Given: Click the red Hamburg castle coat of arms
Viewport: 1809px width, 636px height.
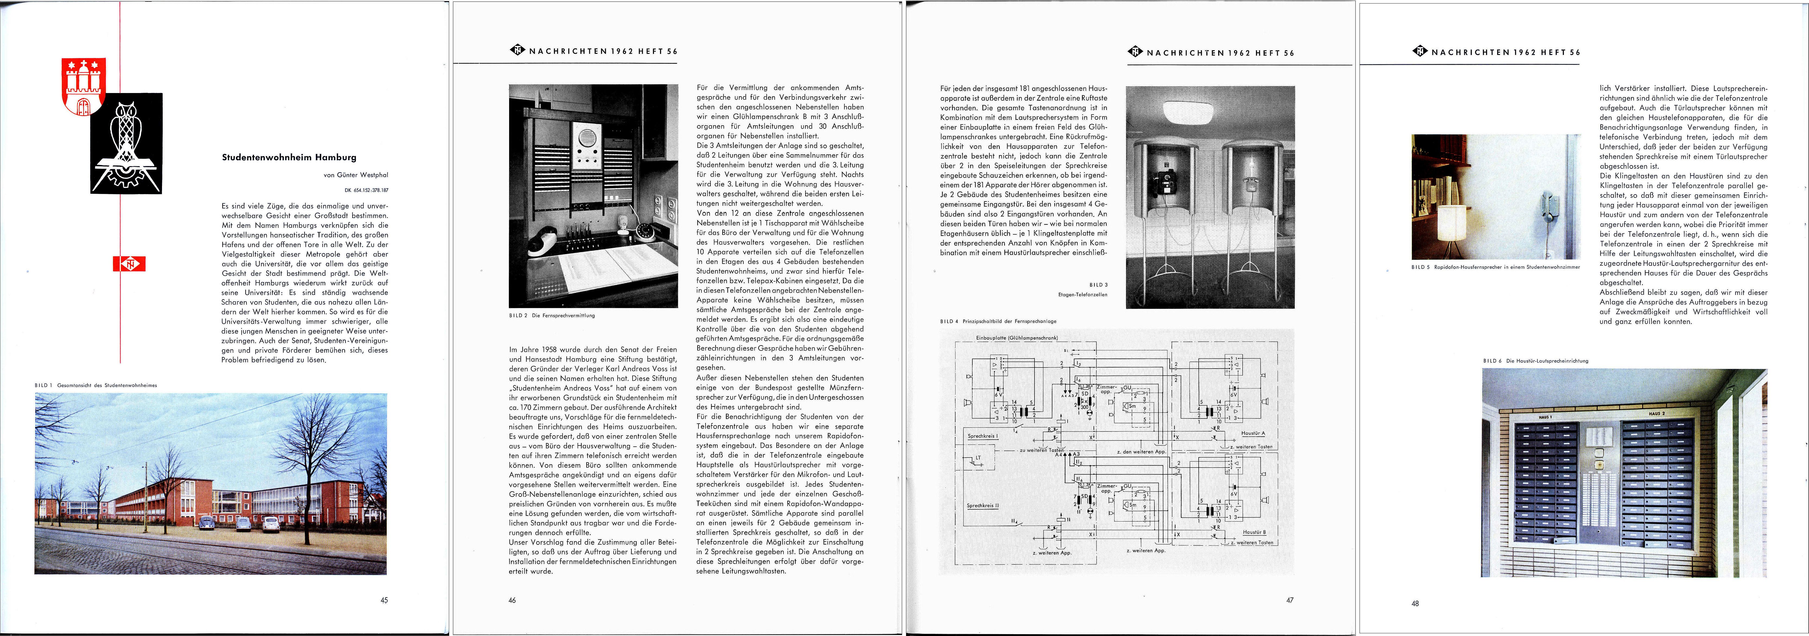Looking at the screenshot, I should pos(84,86).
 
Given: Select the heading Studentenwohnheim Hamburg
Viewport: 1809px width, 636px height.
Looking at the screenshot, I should pos(289,157).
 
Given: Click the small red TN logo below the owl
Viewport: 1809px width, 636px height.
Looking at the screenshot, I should pos(129,264).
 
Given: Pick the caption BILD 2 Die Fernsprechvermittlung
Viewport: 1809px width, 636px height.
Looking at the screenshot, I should pos(552,315).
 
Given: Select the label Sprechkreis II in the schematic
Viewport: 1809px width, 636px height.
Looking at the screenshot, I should pos(982,506).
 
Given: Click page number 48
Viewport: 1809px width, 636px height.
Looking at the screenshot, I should pos(1415,603).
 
